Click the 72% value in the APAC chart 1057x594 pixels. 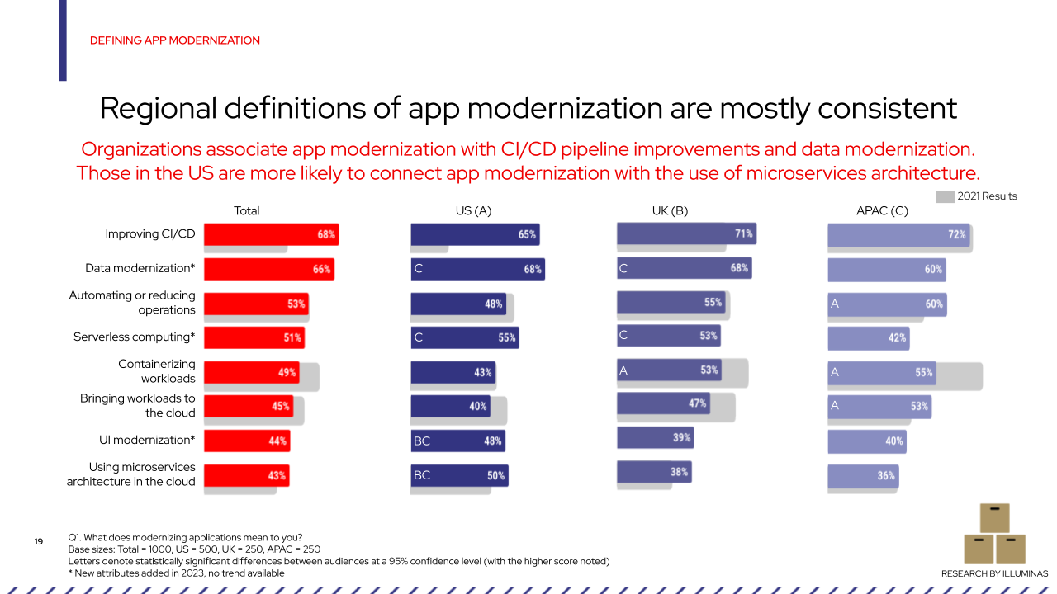[956, 234]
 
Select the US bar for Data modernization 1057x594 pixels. [477, 269]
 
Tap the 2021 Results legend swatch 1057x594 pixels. [945, 196]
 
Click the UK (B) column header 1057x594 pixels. [670, 211]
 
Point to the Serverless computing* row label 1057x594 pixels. [135, 337]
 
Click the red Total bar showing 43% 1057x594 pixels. [245, 475]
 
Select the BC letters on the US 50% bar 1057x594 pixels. [422, 475]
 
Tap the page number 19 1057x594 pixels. [39, 542]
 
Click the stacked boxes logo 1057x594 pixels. [994, 534]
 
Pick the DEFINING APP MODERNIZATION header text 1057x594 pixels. [174, 40]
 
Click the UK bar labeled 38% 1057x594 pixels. [652, 472]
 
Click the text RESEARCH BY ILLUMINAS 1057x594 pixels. [994, 573]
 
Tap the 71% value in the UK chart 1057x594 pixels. [743, 234]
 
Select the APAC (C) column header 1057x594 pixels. [882, 211]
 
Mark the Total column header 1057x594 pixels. [246, 211]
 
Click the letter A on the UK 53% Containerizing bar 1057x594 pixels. [623, 371]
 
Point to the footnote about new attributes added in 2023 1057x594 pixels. [176, 573]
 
